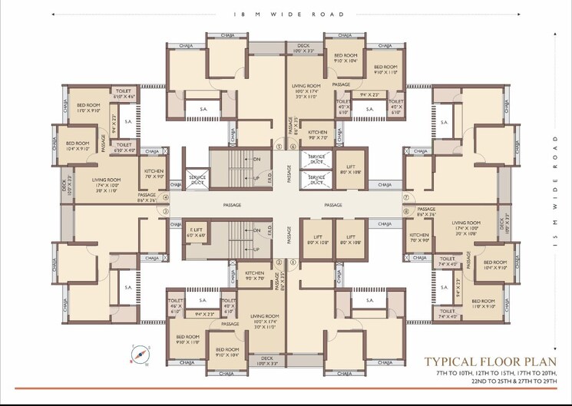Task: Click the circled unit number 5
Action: [280, 146]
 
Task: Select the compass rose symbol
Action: [140, 354]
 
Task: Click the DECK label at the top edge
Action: [302, 47]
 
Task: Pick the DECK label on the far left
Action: [65, 185]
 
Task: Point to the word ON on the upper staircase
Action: [256, 159]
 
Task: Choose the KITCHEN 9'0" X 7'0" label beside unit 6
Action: [255, 276]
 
